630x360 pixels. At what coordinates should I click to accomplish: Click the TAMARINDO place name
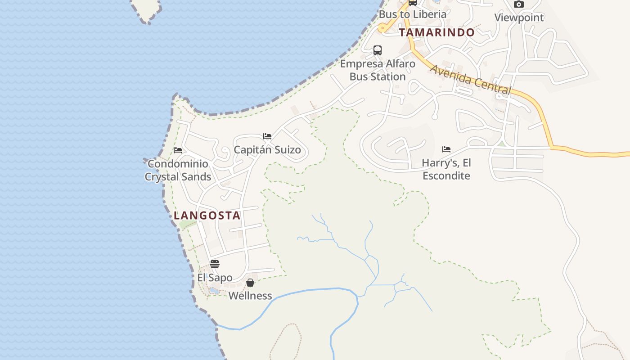pos(436,32)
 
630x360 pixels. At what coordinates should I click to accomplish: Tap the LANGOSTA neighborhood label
pos(207,216)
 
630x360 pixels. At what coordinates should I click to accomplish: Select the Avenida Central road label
pos(471,80)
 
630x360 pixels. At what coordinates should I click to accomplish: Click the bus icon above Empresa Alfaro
pos(378,50)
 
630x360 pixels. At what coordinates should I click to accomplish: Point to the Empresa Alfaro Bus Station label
pos(378,70)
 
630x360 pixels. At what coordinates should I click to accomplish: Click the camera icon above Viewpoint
pos(519,4)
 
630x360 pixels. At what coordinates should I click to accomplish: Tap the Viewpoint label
pos(519,18)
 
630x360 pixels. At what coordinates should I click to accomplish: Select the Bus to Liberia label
pos(413,14)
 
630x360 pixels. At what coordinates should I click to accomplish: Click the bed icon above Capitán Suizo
pos(267,136)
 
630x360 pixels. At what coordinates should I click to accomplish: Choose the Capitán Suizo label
pos(267,150)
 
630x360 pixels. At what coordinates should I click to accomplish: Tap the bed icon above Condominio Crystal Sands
pos(178,150)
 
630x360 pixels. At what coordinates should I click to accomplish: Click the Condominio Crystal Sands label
pos(178,170)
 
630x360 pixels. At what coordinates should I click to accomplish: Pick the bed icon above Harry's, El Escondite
pos(446,149)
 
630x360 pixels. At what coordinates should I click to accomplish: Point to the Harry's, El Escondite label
pos(446,169)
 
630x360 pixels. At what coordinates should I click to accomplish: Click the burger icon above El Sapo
pos(215,264)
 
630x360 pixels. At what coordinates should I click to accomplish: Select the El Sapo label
pos(215,278)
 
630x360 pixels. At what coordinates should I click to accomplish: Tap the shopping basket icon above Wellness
pos(250,283)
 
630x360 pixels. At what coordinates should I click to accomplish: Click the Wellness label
pos(250,296)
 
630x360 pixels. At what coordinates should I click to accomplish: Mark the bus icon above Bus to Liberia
pos(413,2)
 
